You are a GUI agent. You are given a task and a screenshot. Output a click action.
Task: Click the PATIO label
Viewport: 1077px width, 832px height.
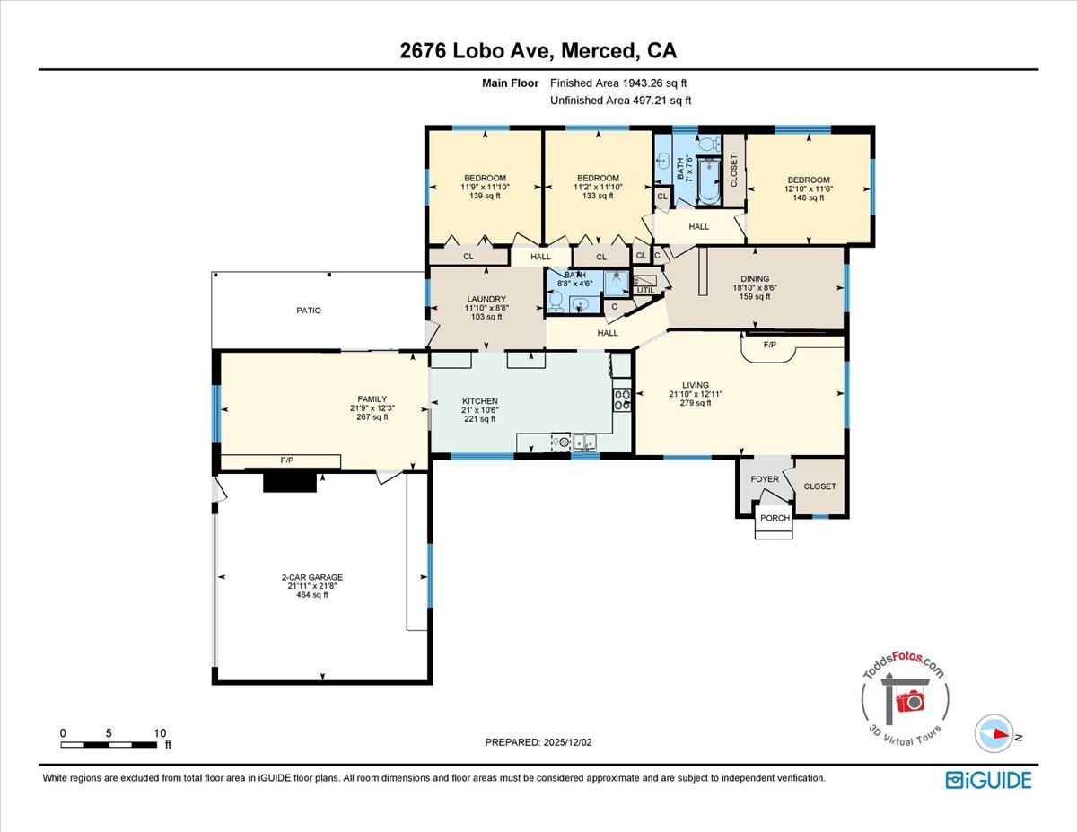click(x=309, y=311)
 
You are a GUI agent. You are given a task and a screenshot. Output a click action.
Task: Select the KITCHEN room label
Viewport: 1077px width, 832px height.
click(x=479, y=401)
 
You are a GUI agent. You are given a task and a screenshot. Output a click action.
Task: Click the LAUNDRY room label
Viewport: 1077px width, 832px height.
click(x=486, y=299)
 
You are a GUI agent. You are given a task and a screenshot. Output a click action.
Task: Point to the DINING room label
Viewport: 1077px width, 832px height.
click(x=755, y=279)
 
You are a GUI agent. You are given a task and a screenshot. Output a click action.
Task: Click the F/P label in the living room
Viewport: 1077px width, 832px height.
click(x=769, y=345)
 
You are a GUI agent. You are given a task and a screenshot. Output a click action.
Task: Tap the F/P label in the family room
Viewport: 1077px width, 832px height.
click(x=287, y=460)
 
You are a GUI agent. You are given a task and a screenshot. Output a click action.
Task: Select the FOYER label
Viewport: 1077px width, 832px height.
click(x=765, y=479)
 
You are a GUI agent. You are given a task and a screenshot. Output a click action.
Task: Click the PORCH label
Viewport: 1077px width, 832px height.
click(x=774, y=518)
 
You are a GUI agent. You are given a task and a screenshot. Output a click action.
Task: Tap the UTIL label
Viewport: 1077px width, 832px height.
click(x=645, y=290)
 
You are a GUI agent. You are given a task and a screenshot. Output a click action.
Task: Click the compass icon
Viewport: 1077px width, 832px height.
click(x=994, y=733)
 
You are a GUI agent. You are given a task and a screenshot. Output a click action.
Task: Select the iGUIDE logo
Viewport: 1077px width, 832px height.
click(x=988, y=780)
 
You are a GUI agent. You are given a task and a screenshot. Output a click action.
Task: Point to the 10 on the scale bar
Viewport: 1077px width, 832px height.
click(x=160, y=733)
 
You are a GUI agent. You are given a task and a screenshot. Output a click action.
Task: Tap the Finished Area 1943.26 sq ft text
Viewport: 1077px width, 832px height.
click(x=619, y=83)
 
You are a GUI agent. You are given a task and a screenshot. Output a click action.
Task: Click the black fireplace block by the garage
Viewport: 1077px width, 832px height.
click(x=290, y=483)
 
